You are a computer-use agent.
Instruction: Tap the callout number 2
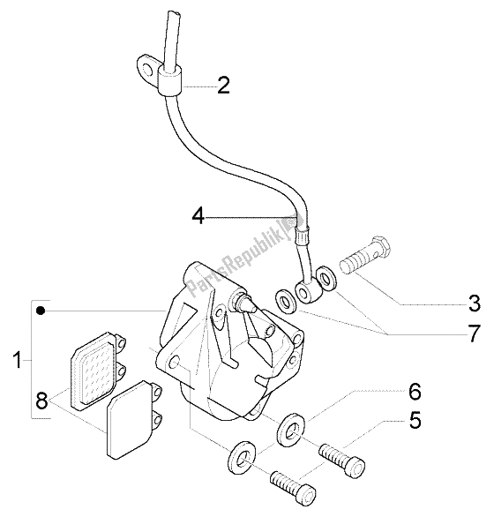coord(223,86)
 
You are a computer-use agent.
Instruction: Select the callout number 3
coord(473,305)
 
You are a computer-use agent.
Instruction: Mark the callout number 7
coord(474,335)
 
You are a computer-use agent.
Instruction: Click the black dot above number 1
coord(39,311)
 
